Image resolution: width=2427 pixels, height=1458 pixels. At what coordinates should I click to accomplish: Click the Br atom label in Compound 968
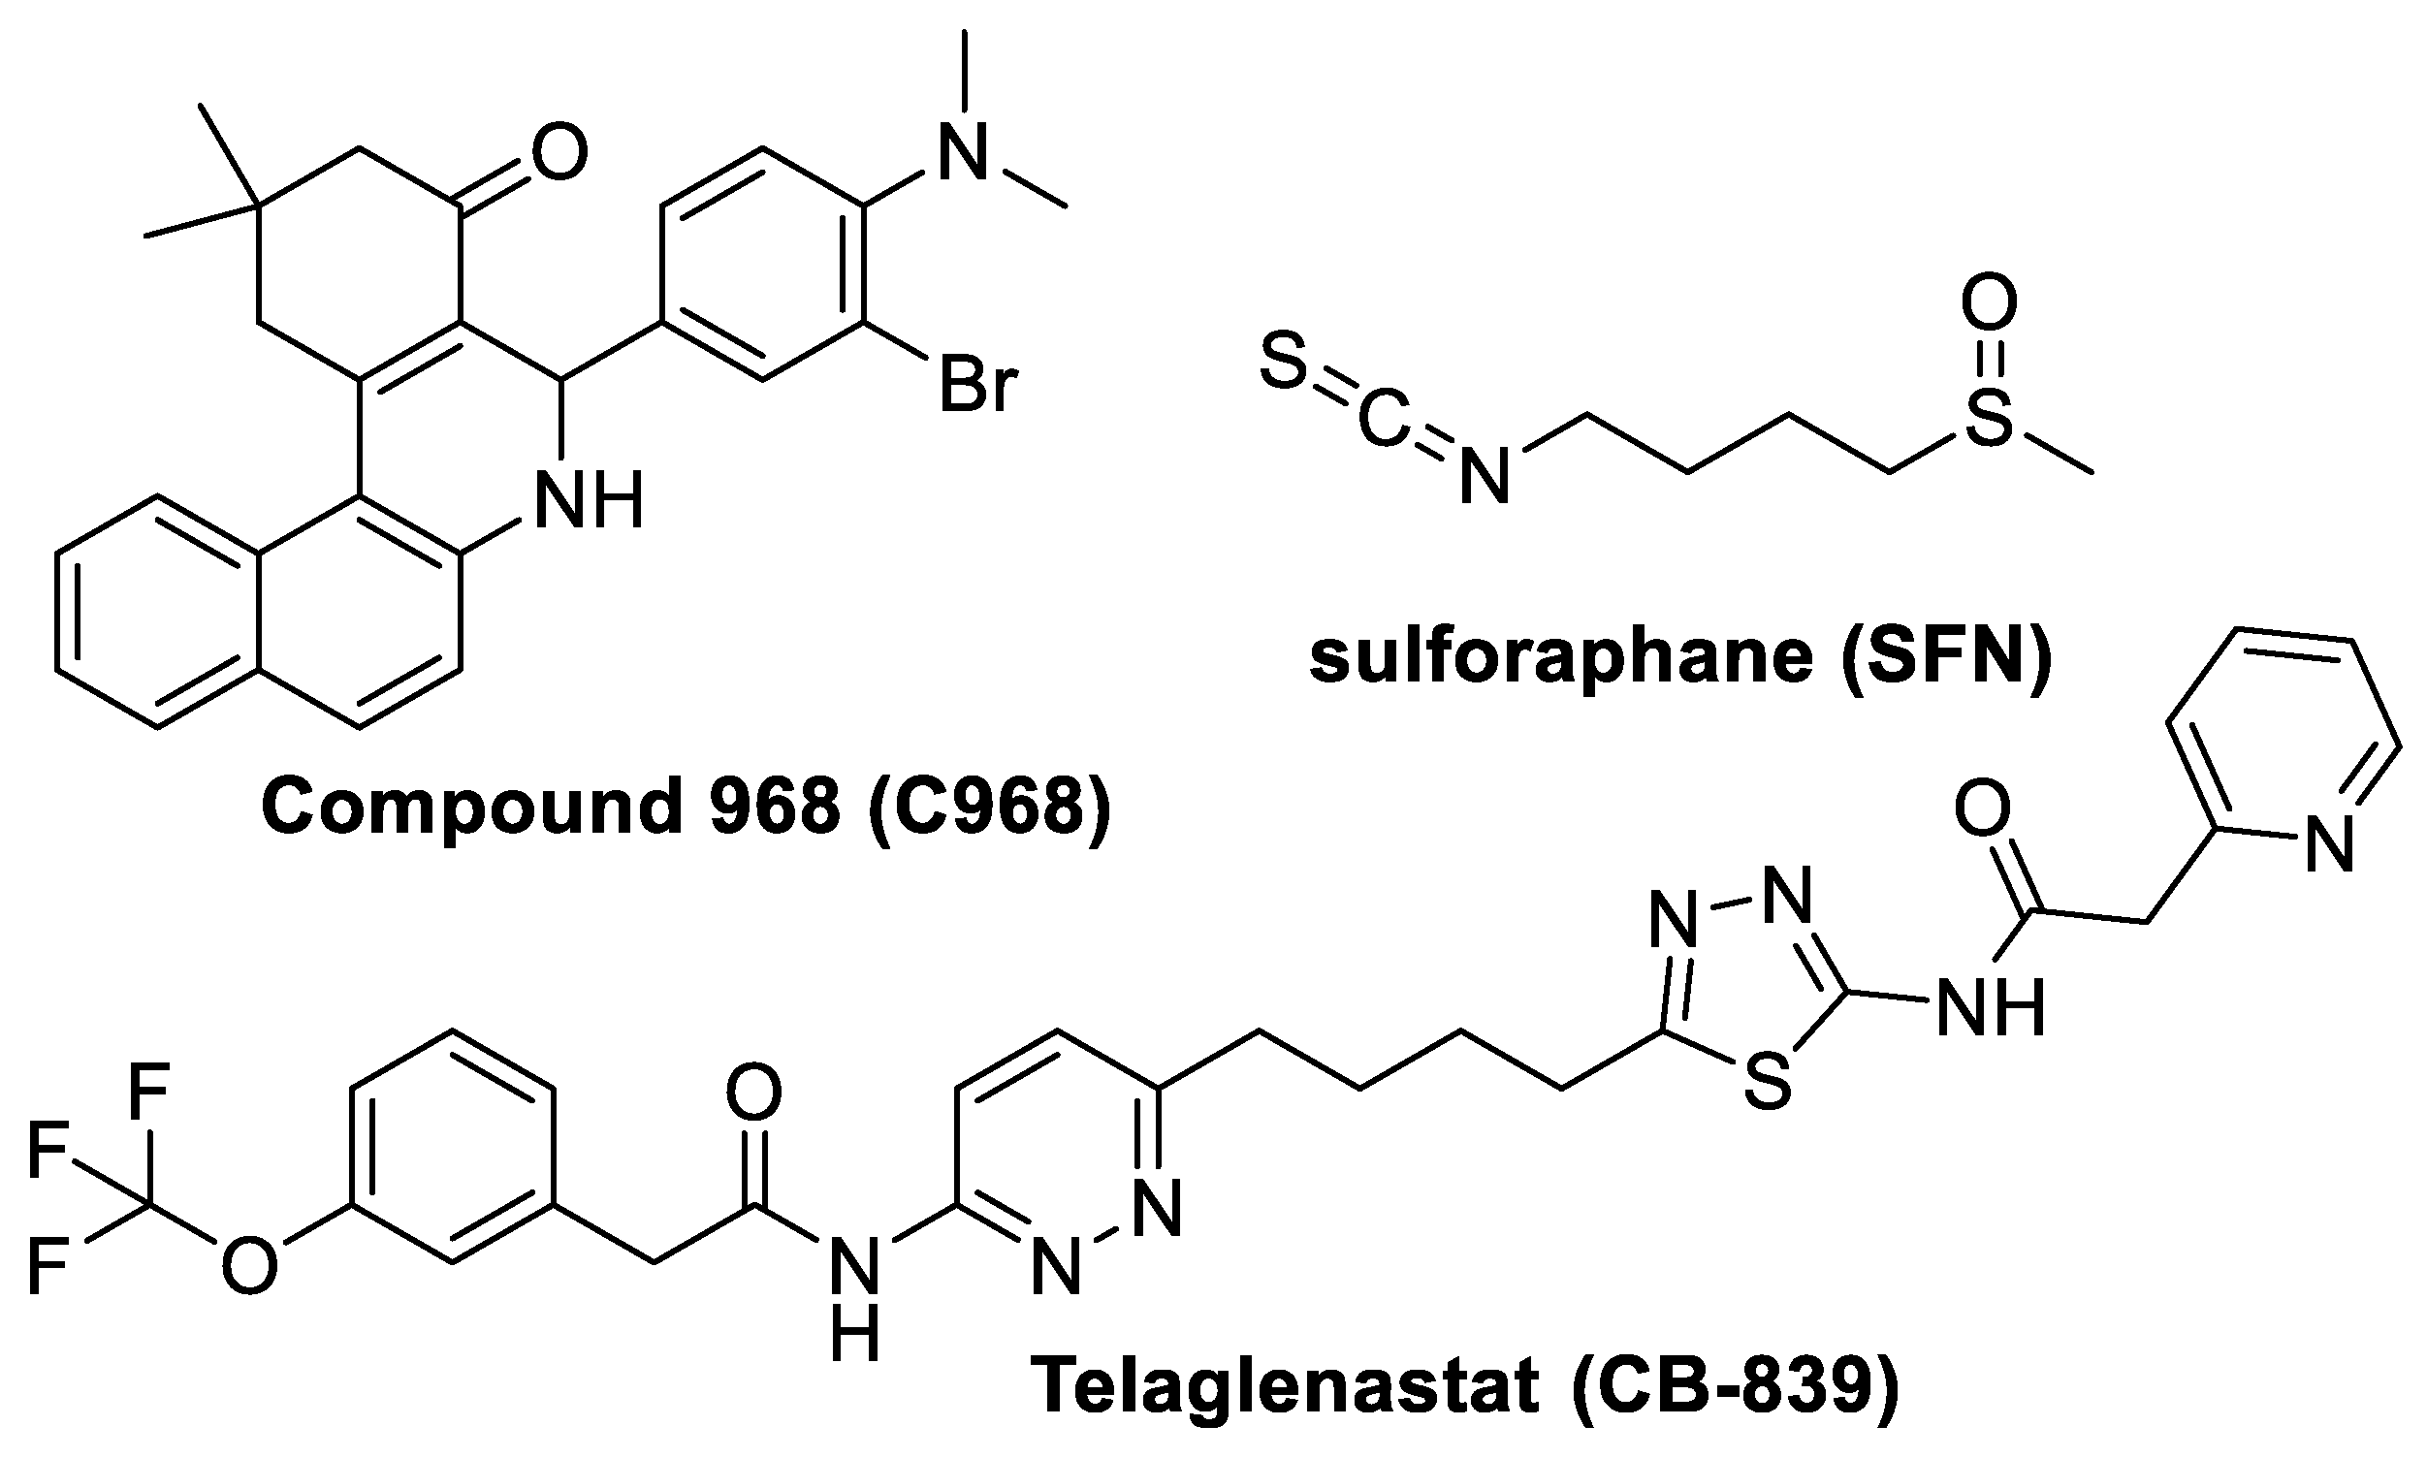[x=975, y=385]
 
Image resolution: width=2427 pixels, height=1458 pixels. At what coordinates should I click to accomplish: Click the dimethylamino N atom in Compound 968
[x=964, y=155]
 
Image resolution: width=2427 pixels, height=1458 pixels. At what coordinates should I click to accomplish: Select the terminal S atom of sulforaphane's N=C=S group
[x=1283, y=364]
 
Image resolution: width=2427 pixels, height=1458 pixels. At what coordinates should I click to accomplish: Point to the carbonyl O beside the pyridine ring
[x=1982, y=810]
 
